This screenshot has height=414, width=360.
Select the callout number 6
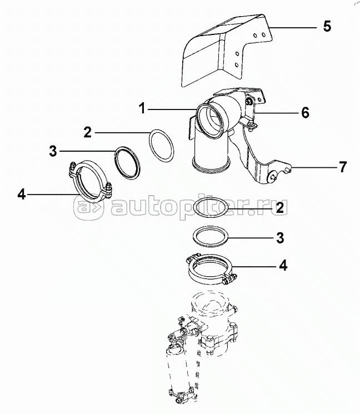(304, 113)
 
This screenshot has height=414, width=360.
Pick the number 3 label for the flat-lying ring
(280, 238)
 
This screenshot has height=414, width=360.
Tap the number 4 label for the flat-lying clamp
(283, 265)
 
